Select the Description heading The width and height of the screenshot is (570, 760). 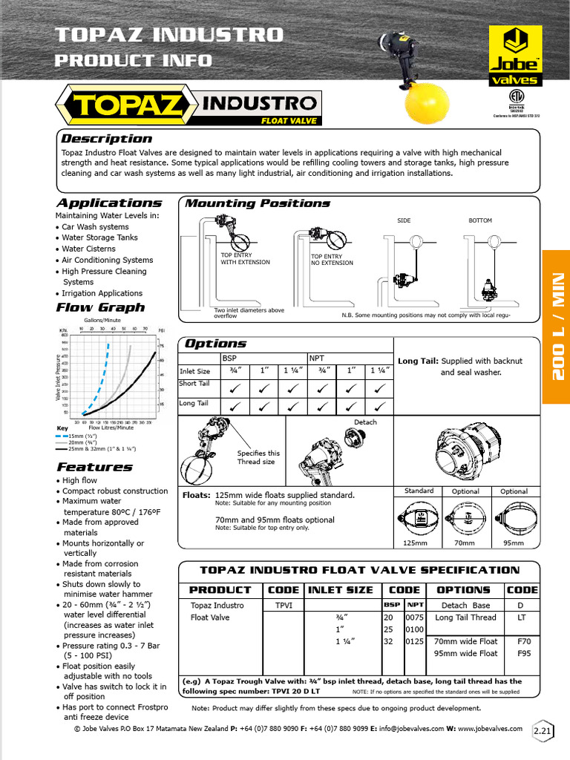coord(106,139)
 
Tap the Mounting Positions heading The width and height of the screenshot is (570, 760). coord(257,203)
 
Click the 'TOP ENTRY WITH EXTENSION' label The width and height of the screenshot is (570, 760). coord(245,258)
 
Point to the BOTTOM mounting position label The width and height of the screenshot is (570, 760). coord(479,220)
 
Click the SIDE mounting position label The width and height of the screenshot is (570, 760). coord(404,220)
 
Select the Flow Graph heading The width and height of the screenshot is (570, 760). coord(100,307)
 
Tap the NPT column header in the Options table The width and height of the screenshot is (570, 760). coord(317,357)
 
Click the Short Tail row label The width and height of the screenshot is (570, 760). coord(194,384)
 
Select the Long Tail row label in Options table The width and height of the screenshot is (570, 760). coord(194,403)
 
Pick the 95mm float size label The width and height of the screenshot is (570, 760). coord(513,543)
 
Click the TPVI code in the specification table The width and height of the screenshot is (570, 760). coord(284,605)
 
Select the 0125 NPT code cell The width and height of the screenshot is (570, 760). coord(414,641)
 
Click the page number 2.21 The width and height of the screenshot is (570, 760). coord(543,732)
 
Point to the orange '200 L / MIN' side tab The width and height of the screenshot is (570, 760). coord(557,327)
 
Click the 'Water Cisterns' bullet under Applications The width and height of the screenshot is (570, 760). coord(88,249)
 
